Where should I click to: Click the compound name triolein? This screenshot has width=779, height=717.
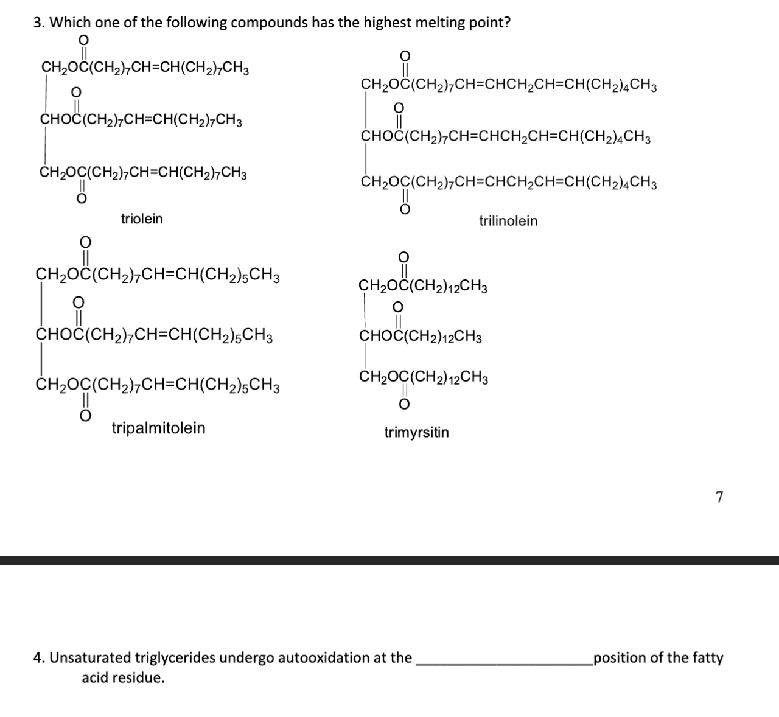click(x=142, y=219)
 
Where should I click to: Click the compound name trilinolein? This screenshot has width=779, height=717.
click(x=508, y=221)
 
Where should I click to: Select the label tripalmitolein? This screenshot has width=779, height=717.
click(x=158, y=428)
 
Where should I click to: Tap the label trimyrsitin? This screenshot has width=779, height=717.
click(x=416, y=433)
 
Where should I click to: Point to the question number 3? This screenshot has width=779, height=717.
click(x=38, y=23)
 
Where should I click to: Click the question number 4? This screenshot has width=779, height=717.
click(x=38, y=658)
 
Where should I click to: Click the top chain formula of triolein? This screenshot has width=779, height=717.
click(x=145, y=67)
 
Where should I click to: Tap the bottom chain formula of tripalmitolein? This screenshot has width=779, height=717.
click(x=158, y=385)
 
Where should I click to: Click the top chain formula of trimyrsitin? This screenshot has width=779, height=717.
click(x=423, y=285)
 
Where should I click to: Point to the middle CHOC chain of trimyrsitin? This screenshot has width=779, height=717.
click(x=421, y=337)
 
